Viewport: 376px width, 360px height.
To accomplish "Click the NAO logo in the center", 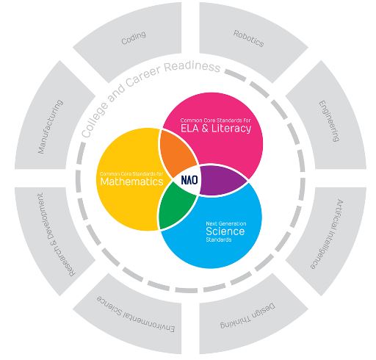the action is click(x=189, y=180).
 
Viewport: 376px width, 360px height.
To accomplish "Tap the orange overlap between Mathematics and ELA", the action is click(x=177, y=153).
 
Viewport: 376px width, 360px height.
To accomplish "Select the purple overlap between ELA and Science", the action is click(x=222, y=180).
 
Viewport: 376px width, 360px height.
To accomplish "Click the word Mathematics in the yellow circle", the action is click(x=131, y=181).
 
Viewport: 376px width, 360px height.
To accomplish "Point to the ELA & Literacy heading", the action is click(x=216, y=128).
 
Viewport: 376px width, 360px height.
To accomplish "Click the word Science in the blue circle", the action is click(x=225, y=231).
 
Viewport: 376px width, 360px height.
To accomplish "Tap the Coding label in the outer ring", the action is click(x=134, y=37).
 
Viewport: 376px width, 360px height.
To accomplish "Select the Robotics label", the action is click(x=248, y=38).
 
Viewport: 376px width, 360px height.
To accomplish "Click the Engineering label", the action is click(x=329, y=121).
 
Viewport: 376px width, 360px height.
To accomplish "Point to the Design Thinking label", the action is click(x=247, y=316).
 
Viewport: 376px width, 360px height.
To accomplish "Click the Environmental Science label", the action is click(x=136, y=314).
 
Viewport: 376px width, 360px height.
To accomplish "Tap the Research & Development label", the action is click(x=56, y=234).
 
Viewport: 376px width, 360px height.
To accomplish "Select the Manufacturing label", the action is click(x=51, y=126).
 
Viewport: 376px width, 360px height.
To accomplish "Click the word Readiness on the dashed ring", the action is click(x=192, y=67).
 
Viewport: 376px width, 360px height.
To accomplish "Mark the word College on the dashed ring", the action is click(x=95, y=120).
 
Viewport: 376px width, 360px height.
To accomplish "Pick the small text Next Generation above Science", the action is click(x=226, y=223).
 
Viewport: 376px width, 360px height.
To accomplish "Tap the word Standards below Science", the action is click(x=219, y=240).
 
